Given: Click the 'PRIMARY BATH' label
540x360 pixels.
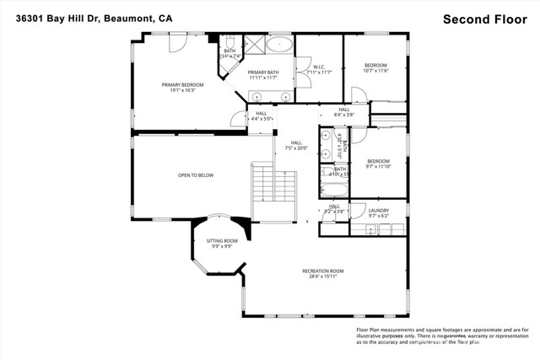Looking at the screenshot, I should click(x=263, y=73).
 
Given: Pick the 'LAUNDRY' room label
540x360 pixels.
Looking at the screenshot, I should click(x=378, y=210).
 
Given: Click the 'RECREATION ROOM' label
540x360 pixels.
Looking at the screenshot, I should click(x=323, y=271).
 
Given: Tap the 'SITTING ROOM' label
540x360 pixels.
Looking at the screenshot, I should click(x=223, y=241).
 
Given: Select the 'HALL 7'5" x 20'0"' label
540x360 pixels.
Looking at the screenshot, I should click(x=295, y=145).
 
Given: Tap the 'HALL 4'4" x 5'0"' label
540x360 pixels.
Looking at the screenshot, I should click(x=262, y=116).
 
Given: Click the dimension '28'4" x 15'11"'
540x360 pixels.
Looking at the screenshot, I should click(x=323, y=277).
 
